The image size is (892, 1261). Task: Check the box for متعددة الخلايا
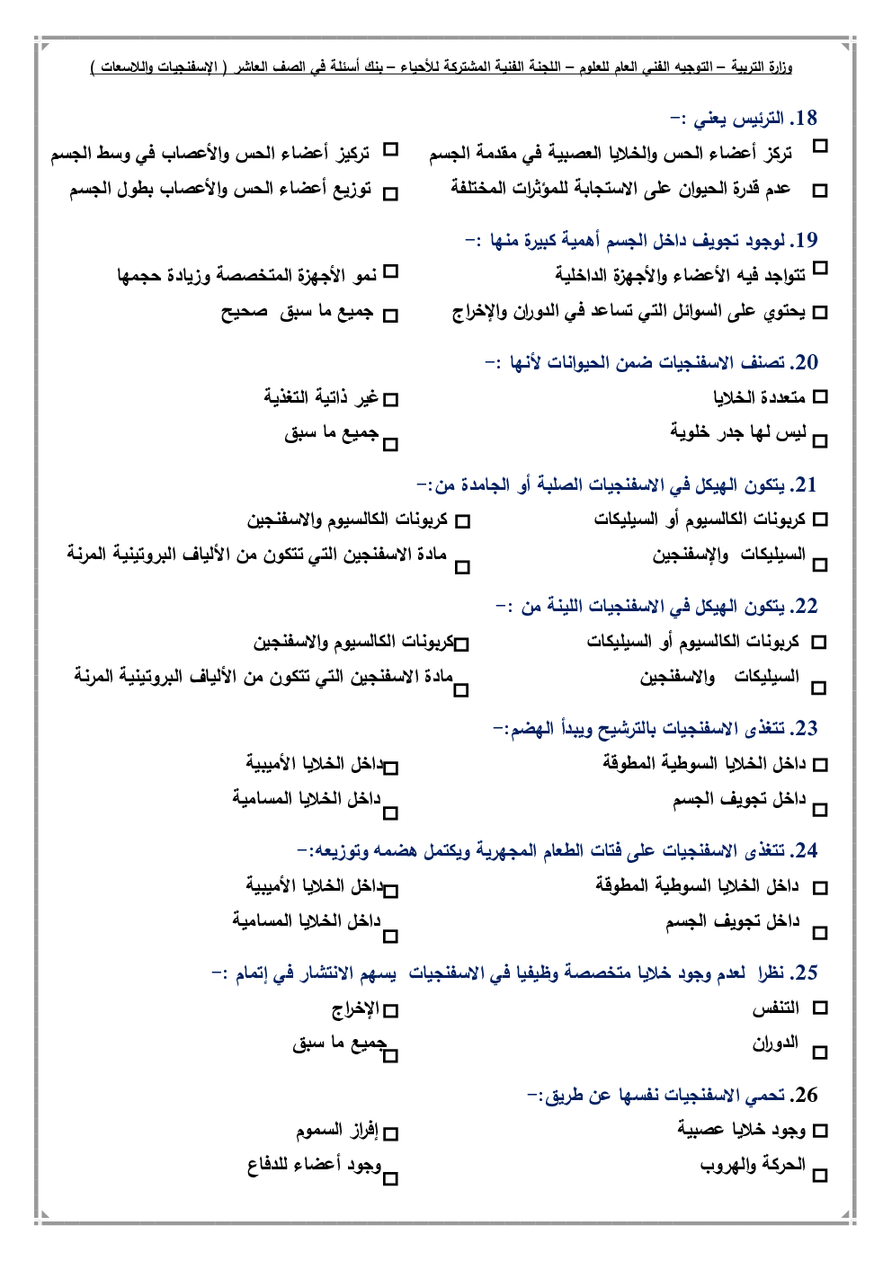[x=819, y=396]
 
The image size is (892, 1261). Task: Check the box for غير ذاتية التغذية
[x=390, y=398]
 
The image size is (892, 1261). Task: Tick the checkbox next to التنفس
[x=819, y=1008]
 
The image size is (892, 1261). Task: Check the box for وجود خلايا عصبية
[x=819, y=1131]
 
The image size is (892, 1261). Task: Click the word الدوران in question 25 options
[x=775, y=1043]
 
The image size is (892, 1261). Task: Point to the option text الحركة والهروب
[x=753, y=1165]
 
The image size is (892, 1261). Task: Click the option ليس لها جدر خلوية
[x=738, y=432]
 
